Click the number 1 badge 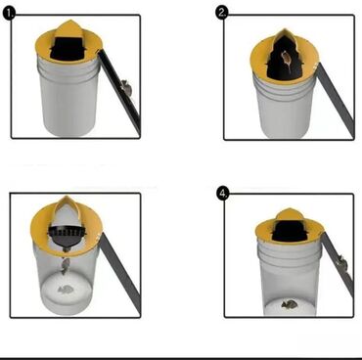coord(9,14)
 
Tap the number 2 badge coord(222,13)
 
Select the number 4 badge coord(223,194)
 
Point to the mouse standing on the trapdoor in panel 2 coord(286,60)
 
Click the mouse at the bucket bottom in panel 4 coord(289,304)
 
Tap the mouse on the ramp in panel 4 coord(341,262)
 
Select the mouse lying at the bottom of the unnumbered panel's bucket coord(66,289)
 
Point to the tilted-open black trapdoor coord(67,233)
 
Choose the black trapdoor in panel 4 coord(287,231)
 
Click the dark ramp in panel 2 coord(336,100)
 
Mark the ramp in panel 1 coord(120,92)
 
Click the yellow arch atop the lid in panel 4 coord(287,213)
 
